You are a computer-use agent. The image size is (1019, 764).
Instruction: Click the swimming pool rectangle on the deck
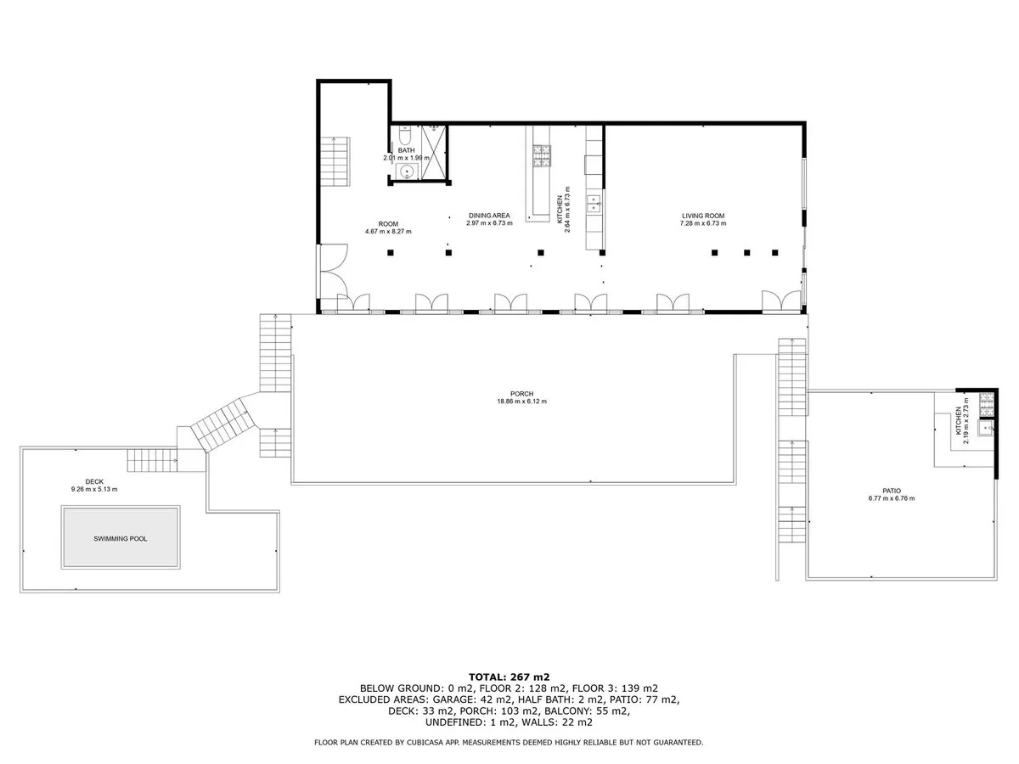coord(120,538)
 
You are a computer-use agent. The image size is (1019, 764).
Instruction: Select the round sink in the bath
coord(406,172)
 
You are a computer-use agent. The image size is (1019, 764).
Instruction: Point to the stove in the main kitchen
coord(541,154)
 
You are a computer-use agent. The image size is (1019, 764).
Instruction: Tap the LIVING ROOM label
coord(703,216)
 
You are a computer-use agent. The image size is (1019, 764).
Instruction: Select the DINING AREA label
coord(489,216)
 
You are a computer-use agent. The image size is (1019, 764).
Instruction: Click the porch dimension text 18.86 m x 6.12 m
coord(521,402)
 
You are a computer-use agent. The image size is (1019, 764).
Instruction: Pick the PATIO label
coord(891,491)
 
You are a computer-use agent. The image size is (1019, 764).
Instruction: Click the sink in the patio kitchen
coord(985,429)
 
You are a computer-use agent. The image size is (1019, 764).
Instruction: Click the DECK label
coord(94,481)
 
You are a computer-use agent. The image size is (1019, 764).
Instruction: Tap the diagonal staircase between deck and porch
coord(222,424)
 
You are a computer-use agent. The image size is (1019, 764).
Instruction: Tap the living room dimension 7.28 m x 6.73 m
coord(703,223)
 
